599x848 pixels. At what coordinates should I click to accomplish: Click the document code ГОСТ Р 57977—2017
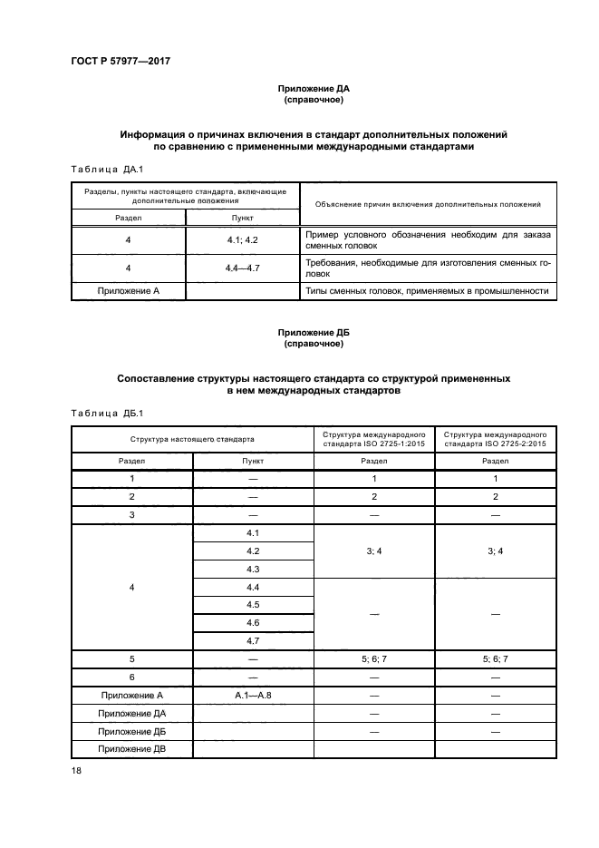(121, 61)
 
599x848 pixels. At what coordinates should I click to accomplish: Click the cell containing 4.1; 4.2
(242, 240)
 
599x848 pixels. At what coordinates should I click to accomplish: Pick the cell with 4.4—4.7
(242, 268)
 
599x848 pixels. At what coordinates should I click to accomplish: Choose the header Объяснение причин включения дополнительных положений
(427, 204)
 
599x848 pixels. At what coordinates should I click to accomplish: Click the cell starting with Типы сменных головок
(427, 291)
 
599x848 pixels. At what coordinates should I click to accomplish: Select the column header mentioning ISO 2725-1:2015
(374, 439)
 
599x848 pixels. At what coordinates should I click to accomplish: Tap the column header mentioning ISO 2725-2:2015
(496, 439)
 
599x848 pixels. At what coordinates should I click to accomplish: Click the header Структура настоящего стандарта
(192, 439)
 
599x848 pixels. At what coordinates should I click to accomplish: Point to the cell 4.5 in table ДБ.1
(253, 605)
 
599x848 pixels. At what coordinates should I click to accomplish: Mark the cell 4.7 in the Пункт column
(253, 641)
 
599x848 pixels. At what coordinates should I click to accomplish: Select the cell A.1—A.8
(253, 696)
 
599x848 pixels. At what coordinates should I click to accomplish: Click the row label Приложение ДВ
(132, 749)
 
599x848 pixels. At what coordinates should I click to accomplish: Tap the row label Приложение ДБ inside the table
(132, 731)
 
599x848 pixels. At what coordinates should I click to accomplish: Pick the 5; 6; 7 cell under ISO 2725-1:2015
(374, 659)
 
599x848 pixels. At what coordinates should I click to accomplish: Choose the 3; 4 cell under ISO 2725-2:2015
(496, 551)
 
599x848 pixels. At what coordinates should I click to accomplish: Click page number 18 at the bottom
(76, 771)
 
